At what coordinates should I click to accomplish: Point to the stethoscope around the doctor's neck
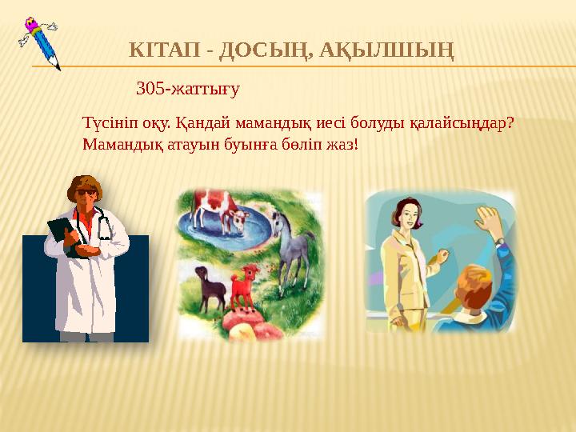pyautogui.click(x=102, y=224)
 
